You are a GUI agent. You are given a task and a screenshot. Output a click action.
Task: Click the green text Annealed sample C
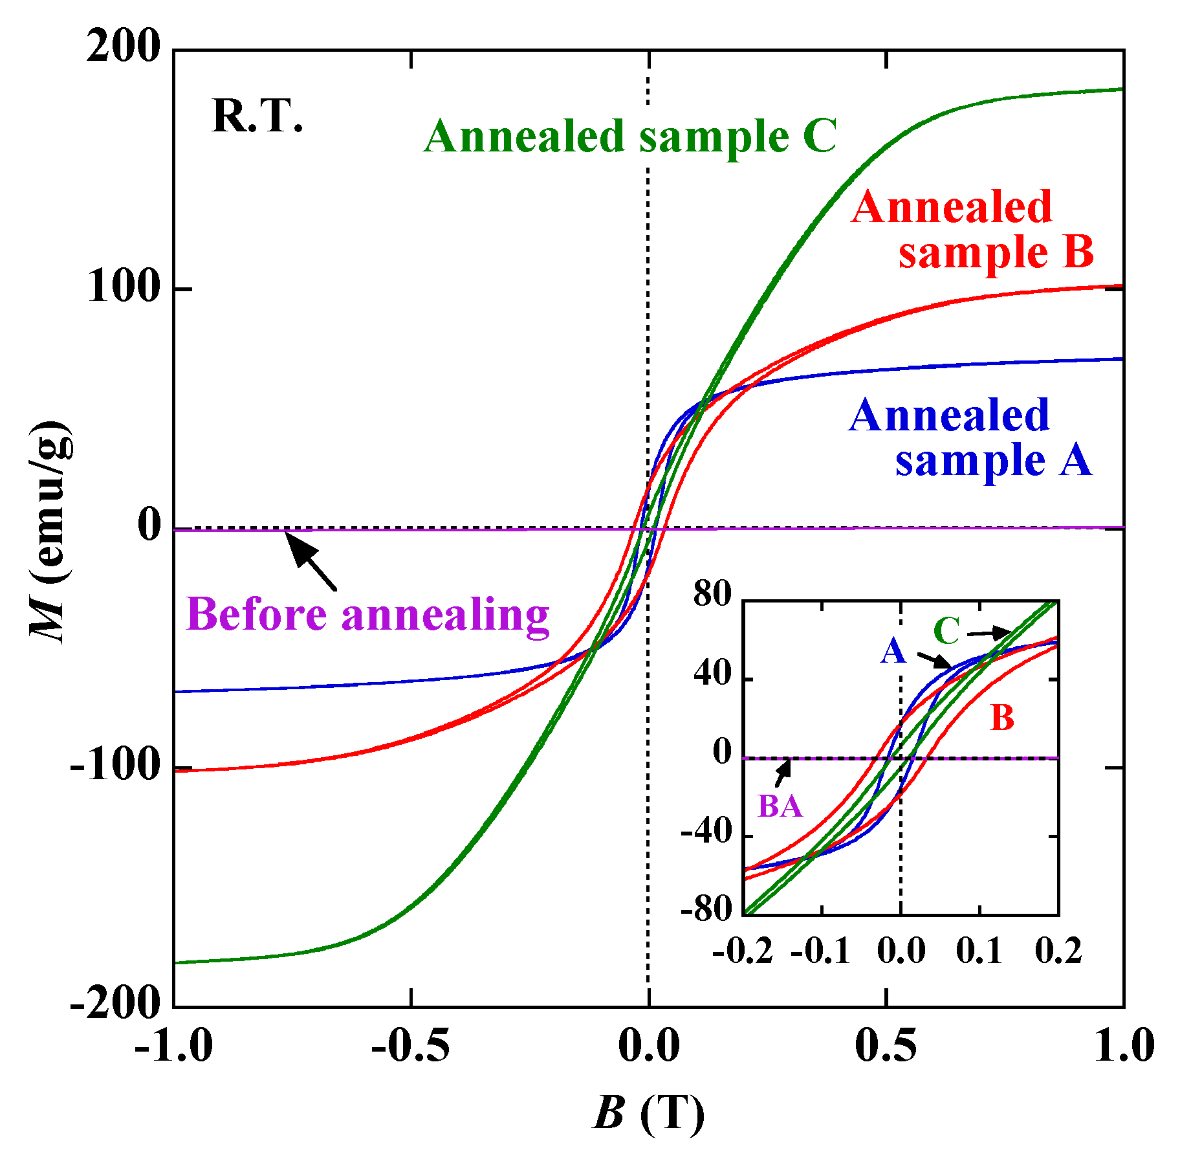(631, 137)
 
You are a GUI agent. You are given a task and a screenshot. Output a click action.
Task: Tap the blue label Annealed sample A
(970, 437)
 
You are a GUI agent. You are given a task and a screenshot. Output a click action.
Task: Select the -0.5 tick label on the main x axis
(410, 1045)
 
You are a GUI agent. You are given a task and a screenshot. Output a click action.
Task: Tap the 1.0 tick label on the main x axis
(1124, 1045)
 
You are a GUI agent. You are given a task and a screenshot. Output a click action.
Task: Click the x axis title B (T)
(648, 1113)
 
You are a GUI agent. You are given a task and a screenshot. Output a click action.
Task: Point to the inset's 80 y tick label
(712, 593)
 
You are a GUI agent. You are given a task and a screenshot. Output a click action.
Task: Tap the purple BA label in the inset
(780, 806)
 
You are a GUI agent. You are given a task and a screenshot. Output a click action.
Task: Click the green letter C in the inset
(946, 631)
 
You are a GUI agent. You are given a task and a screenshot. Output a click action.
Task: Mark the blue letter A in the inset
(893, 650)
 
